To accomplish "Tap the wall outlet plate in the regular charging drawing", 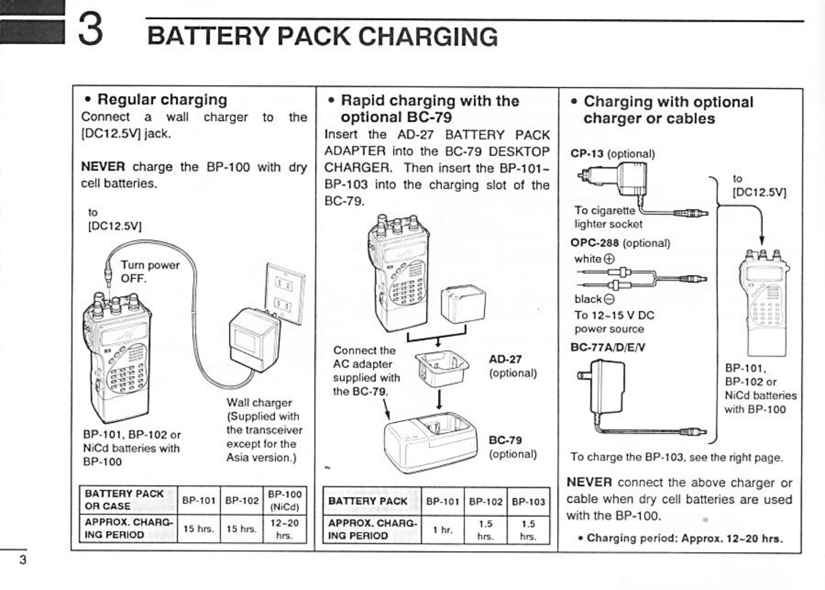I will (x=285, y=294).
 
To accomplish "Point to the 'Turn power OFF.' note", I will (x=150, y=271).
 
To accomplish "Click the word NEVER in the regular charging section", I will (x=103, y=167).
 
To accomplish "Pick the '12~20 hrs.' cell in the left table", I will (x=284, y=529).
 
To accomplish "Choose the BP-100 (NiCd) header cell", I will (x=284, y=500).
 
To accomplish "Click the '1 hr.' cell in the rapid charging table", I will (x=442, y=530).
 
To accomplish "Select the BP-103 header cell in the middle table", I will (x=528, y=502).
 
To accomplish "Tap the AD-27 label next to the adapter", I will (x=505, y=360).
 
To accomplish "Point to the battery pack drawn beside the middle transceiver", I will (x=463, y=306).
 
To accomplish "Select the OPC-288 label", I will (x=595, y=243).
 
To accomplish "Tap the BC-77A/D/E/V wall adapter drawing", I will (x=604, y=386).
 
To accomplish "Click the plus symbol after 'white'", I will (x=609, y=259).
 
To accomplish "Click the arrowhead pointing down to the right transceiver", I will (x=761, y=241).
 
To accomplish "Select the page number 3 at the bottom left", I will (x=22, y=560).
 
